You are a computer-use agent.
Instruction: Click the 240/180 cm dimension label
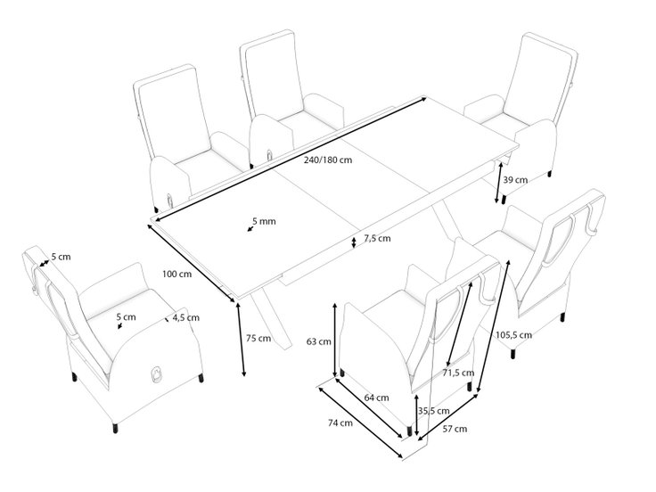[328, 160]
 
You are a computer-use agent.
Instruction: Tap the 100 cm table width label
[177, 274]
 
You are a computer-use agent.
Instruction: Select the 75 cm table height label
[258, 338]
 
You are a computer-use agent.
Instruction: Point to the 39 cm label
[515, 180]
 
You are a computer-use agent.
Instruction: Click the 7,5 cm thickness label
[377, 239]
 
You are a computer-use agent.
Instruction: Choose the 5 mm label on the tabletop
[264, 221]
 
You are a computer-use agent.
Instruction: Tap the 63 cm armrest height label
[319, 341]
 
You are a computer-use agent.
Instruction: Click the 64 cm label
[376, 398]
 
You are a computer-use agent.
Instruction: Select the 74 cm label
[340, 423]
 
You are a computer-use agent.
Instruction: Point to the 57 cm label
[455, 429]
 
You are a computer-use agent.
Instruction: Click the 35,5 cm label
[433, 411]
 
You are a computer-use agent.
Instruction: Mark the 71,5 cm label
[458, 373]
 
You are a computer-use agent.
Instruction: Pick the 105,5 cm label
[513, 335]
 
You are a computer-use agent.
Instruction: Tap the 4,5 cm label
[185, 317]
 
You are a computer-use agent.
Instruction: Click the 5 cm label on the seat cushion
[126, 317]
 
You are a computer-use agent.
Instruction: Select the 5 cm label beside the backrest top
[61, 257]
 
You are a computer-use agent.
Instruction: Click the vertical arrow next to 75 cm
[241, 340]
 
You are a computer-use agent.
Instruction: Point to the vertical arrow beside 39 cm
[499, 183]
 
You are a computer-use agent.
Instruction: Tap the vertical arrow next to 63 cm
[335, 340]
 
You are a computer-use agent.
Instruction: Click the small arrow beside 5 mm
[250, 228]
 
